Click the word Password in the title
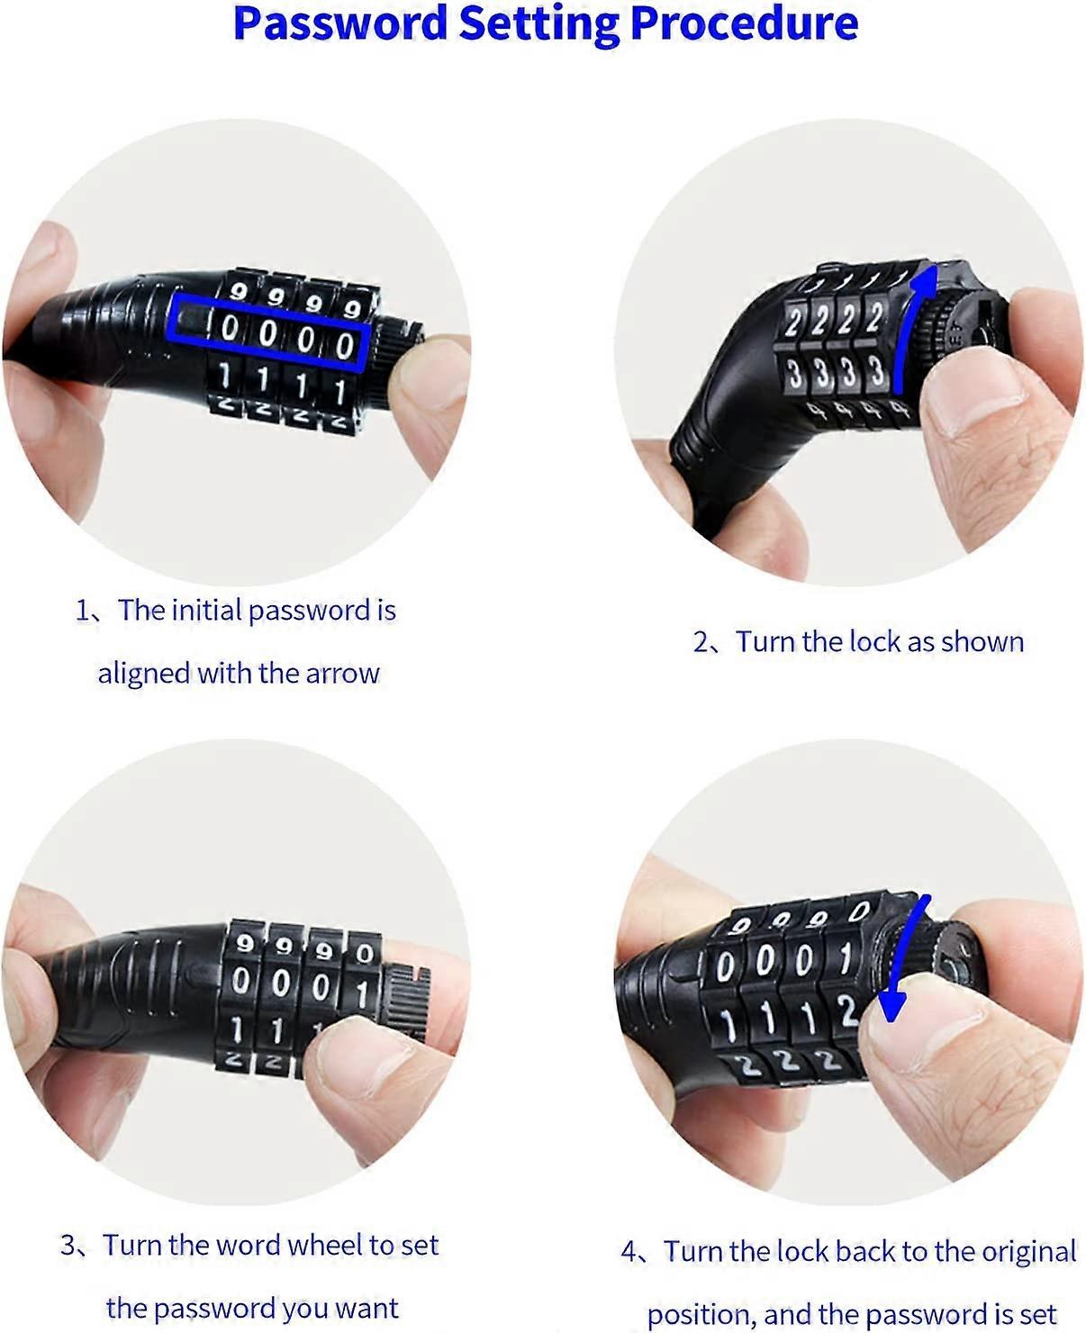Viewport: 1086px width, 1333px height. (x=340, y=23)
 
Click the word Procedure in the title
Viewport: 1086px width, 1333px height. (x=744, y=23)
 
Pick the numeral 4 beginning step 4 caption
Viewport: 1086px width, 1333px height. (x=629, y=1253)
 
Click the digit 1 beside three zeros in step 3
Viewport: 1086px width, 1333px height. (x=362, y=994)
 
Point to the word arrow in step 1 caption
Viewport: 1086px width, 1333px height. (x=343, y=675)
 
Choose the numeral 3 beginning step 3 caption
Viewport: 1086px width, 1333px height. (x=68, y=1246)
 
